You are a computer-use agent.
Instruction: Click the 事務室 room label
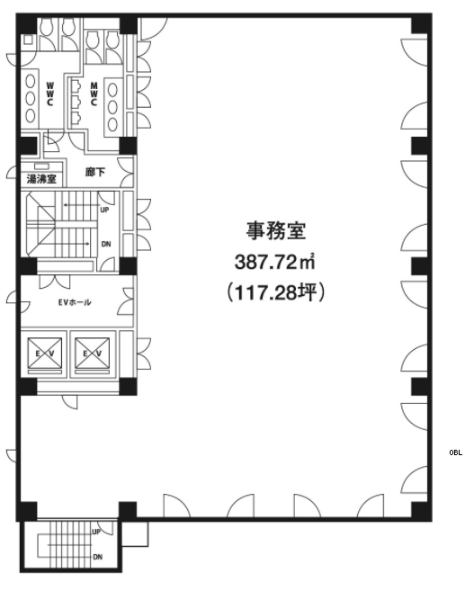point(275,231)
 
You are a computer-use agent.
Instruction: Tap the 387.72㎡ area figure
point(274,262)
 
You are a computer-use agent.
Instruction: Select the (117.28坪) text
point(275,293)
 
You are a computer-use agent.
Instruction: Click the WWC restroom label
point(50,94)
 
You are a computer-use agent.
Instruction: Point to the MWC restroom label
point(94,94)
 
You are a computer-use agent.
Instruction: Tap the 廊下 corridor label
point(95,172)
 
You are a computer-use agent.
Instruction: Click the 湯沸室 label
point(41,178)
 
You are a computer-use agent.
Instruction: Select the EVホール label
point(75,302)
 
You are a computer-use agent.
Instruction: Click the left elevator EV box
point(44,354)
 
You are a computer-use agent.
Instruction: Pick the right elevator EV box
point(93,354)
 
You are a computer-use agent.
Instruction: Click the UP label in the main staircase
point(104,210)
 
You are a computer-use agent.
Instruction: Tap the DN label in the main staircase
point(106,244)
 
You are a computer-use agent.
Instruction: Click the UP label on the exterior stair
point(96,532)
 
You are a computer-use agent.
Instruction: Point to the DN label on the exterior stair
point(98,557)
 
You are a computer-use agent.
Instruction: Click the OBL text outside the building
point(456,452)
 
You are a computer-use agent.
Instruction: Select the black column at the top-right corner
point(421,23)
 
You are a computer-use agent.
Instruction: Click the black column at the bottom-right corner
point(421,510)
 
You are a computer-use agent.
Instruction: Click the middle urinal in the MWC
point(76,103)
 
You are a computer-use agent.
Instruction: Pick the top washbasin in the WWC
point(31,82)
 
